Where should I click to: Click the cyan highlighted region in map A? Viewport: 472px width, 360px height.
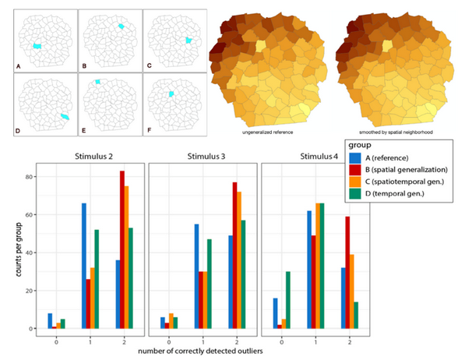pyautogui.click(x=37, y=47)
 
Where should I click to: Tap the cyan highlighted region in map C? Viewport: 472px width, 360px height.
pyautogui.click(x=188, y=40)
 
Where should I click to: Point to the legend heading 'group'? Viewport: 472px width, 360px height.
pyautogui.click(x=359, y=145)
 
